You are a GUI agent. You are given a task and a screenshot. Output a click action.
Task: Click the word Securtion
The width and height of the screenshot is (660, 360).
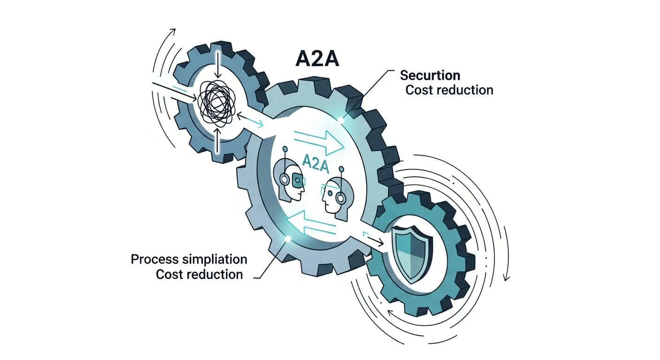(430, 75)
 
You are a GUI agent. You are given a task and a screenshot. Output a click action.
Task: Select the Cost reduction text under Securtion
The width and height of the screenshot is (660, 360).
(449, 90)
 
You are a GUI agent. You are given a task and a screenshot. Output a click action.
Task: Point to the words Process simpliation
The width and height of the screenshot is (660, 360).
(189, 259)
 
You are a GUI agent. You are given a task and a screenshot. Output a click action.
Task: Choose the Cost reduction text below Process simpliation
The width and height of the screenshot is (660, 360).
(199, 274)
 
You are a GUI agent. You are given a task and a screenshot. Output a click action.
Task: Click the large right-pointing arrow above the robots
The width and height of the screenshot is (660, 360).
(319, 141)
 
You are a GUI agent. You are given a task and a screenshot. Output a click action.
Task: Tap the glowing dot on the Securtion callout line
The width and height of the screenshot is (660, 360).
(342, 120)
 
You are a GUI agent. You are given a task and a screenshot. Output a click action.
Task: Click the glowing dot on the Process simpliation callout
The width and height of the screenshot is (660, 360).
(288, 239)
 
